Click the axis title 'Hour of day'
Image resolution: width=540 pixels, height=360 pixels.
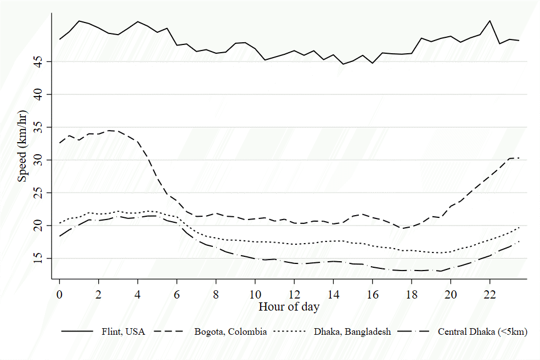[289, 307]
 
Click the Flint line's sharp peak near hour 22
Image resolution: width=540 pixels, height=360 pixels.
[490, 21]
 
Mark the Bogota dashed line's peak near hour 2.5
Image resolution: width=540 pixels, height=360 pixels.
[109, 130]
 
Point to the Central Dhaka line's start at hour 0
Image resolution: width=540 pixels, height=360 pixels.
[60, 236]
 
